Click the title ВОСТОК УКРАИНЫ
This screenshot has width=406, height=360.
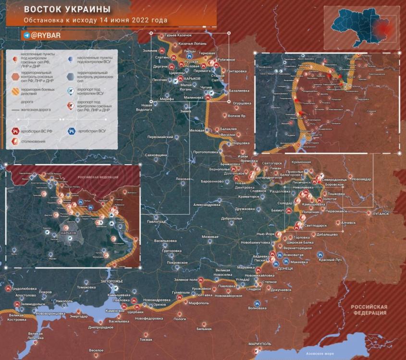coord(67,10)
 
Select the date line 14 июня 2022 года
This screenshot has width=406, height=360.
coord(96,21)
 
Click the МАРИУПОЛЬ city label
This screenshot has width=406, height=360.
coord(260,344)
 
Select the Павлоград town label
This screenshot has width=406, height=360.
coord(156,222)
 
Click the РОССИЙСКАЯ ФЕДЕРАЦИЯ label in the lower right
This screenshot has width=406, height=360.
coord(369,310)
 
